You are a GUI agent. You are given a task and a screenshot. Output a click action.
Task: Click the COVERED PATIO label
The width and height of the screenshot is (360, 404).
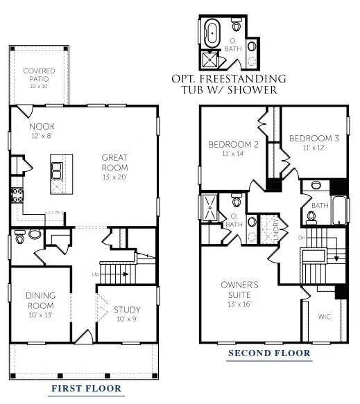point(39,75)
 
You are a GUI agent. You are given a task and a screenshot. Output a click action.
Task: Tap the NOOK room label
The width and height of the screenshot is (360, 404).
point(42,127)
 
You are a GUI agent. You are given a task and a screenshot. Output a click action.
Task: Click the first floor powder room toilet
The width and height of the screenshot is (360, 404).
point(19,237)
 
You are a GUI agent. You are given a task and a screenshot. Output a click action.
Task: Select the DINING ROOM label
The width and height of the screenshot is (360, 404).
point(41,300)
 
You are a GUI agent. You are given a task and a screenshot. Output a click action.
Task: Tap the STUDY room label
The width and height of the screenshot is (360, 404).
point(127,310)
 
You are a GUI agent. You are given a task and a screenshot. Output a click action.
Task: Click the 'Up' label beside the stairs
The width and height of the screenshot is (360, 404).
point(95,274)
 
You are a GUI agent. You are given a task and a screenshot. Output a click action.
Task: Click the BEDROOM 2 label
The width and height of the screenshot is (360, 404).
point(234,145)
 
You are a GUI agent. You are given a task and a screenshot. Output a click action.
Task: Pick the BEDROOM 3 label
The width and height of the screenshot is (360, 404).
point(314,139)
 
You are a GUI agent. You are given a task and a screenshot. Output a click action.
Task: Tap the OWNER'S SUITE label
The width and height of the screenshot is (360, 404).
point(240,289)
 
